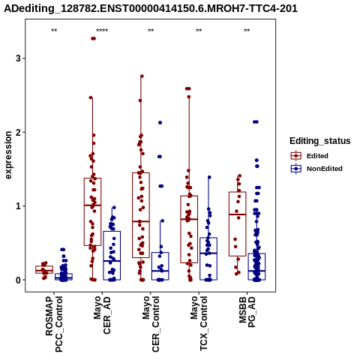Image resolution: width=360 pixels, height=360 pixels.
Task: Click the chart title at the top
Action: pos(151,9)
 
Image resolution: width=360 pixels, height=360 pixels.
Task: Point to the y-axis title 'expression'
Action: pos(8,155)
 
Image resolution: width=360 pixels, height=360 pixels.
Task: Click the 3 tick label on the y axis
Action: pos(18,58)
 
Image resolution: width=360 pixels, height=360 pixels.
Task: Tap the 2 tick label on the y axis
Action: pos(18,132)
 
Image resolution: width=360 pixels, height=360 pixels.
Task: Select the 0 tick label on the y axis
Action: pos(18,280)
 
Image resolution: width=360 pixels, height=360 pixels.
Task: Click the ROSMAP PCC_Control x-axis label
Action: pos(54,324)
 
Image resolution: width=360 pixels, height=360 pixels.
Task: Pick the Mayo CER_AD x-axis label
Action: pos(102,315)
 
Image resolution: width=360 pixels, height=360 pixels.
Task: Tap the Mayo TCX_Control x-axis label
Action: pos(199,323)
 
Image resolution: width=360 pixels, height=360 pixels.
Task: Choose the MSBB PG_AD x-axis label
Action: pos(247,312)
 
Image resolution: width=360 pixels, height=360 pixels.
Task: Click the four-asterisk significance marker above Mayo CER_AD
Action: pos(102,31)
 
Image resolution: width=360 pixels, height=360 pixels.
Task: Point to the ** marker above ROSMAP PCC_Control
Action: pos(54,31)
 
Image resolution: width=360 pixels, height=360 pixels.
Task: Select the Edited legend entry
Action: pos(310,156)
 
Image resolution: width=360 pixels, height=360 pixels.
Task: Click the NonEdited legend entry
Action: pos(316,169)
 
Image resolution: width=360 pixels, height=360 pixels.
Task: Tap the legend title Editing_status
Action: pos(320,141)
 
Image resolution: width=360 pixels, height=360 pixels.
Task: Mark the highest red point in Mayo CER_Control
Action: pos(142,76)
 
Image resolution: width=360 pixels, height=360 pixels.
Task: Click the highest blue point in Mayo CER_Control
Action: pos(160,122)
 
